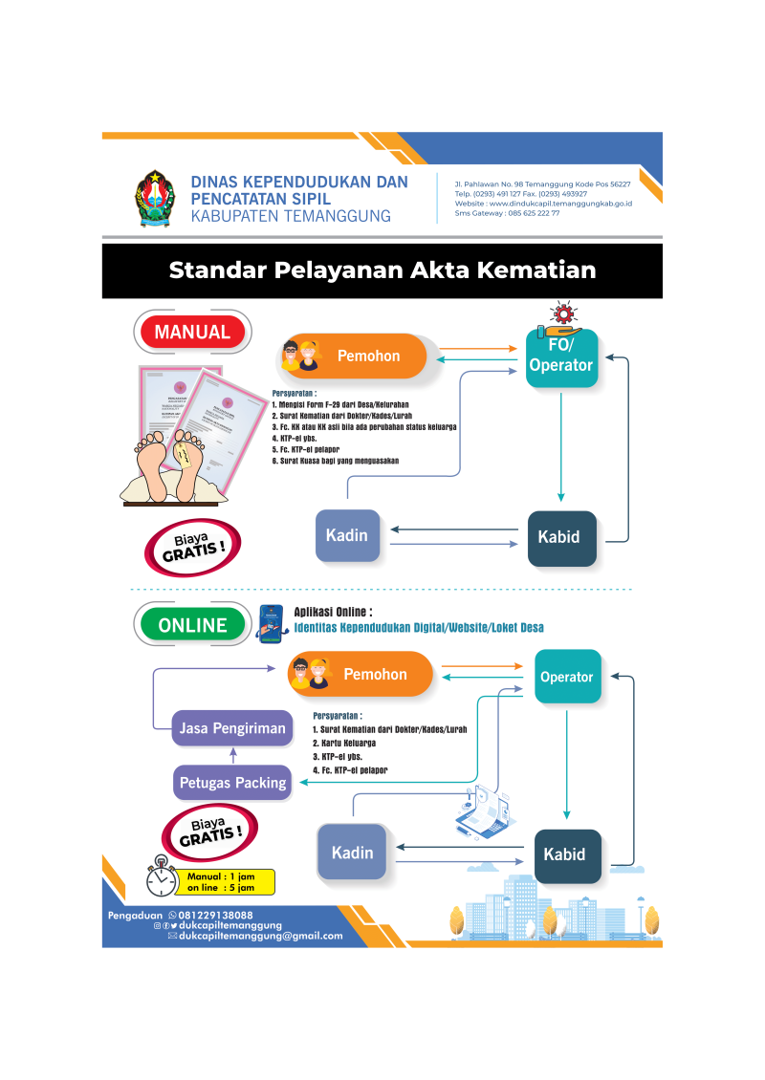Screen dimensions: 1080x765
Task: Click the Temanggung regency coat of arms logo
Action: pos(154,198)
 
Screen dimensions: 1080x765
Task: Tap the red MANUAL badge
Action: pos(192,333)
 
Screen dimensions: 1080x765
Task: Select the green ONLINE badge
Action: pos(192,625)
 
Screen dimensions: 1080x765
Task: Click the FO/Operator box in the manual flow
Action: pos(561,357)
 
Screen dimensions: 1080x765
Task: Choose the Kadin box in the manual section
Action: pos(346,536)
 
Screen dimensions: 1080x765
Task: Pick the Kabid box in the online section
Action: pos(567,854)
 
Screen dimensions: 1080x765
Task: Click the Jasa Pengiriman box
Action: pos(232,728)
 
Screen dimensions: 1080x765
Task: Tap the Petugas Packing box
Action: pos(232,783)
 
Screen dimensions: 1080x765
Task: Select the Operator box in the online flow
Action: pos(567,677)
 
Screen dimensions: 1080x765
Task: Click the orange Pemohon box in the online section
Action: pos(361,674)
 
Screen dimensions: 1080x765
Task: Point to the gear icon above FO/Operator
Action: pos(561,313)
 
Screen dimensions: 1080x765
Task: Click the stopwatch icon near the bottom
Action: pos(162,877)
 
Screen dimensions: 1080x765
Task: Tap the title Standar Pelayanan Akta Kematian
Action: pos(382,270)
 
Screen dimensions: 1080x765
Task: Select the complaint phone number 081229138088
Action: pos(215,916)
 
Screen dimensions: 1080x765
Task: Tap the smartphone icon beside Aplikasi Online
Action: pos(273,625)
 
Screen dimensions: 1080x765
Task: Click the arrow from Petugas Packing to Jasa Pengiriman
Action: pos(232,755)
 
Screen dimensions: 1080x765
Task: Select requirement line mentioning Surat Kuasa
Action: pos(335,461)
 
